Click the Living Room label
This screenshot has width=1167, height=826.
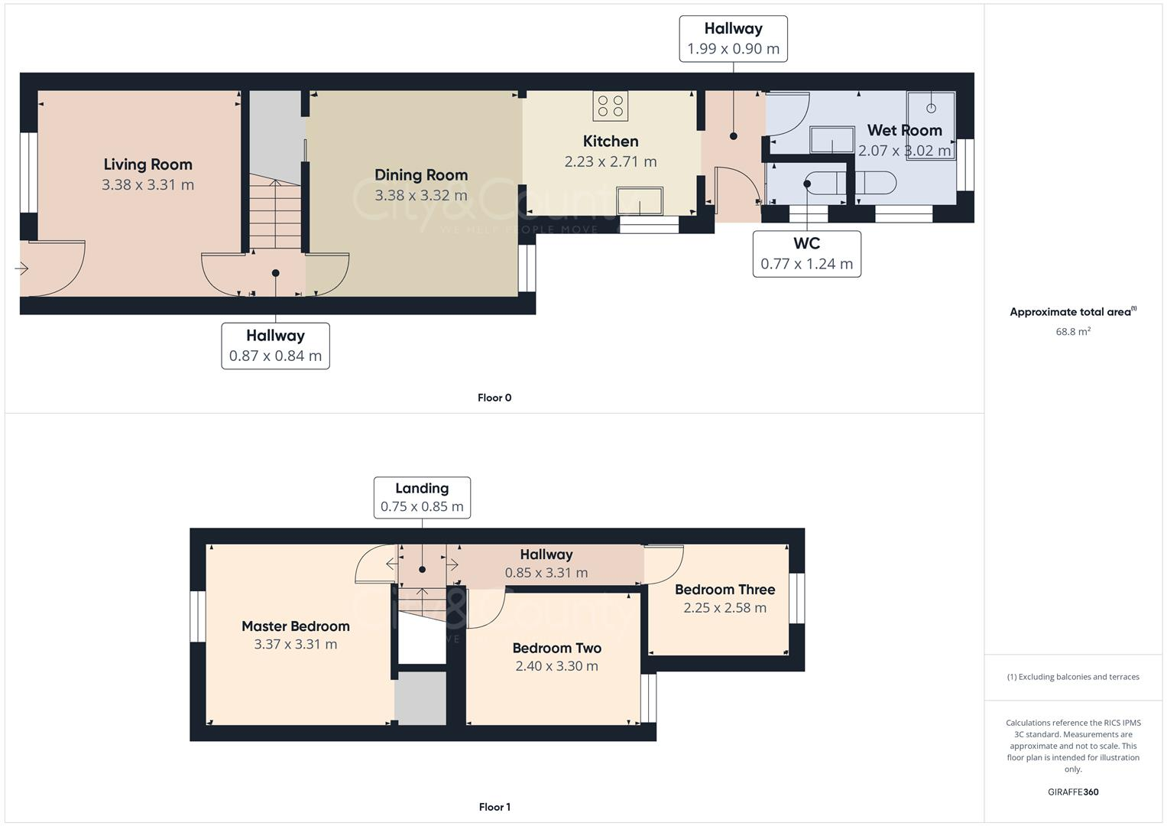click(147, 164)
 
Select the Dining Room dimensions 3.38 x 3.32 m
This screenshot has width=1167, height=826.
click(420, 195)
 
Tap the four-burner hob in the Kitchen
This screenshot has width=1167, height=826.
click(610, 106)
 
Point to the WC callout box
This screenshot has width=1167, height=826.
click(806, 254)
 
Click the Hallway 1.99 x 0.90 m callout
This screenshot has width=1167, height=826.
click(733, 38)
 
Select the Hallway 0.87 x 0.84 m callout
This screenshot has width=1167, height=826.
click(275, 346)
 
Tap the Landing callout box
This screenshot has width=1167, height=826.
click(422, 497)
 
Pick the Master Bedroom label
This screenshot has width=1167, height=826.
click(295, 626)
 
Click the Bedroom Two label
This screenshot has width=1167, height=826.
click(556, 648)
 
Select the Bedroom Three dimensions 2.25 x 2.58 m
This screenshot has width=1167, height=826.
click(725, 608)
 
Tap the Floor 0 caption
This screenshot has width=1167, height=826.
click(494, 398)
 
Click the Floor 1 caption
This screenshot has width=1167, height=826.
click(494, 807)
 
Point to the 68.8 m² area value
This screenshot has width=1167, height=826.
click(1073, 332)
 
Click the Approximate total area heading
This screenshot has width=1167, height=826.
click(1072, 312)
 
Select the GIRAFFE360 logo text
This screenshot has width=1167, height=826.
click(1073, 792)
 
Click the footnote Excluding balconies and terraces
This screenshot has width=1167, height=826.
click(1073, 677)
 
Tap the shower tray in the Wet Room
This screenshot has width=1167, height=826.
click(931, 125)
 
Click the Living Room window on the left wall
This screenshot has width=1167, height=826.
click(28, 173)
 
